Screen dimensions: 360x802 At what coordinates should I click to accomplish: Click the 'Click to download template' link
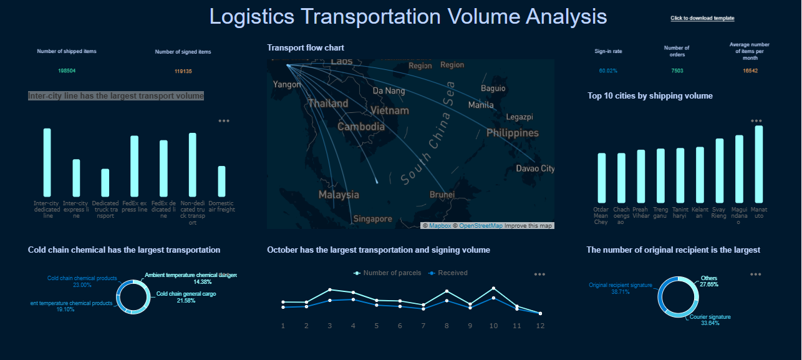702,19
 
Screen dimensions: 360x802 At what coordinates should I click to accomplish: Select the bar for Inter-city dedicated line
47,162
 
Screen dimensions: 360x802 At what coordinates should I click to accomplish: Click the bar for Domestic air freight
221,181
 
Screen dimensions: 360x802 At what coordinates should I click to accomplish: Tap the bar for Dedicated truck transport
105,183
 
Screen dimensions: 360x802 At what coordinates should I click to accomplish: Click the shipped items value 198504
67,71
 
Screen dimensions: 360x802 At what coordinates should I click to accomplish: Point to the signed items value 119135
183,72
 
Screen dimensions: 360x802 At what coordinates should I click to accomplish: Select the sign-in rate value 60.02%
608,71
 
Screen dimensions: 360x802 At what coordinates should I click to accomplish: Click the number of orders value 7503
677,71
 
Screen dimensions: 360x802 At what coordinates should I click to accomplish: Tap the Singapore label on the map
372,219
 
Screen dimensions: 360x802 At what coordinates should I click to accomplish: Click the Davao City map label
535,168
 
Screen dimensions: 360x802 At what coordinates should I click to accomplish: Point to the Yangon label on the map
287,84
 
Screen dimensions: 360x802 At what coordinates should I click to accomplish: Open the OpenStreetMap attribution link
480,226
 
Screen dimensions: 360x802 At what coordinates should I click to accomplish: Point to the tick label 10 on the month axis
493,326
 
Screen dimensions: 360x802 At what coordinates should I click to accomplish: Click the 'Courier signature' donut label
710,317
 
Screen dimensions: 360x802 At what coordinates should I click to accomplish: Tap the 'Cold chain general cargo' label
186,294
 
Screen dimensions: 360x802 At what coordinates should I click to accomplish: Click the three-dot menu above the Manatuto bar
756,121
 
